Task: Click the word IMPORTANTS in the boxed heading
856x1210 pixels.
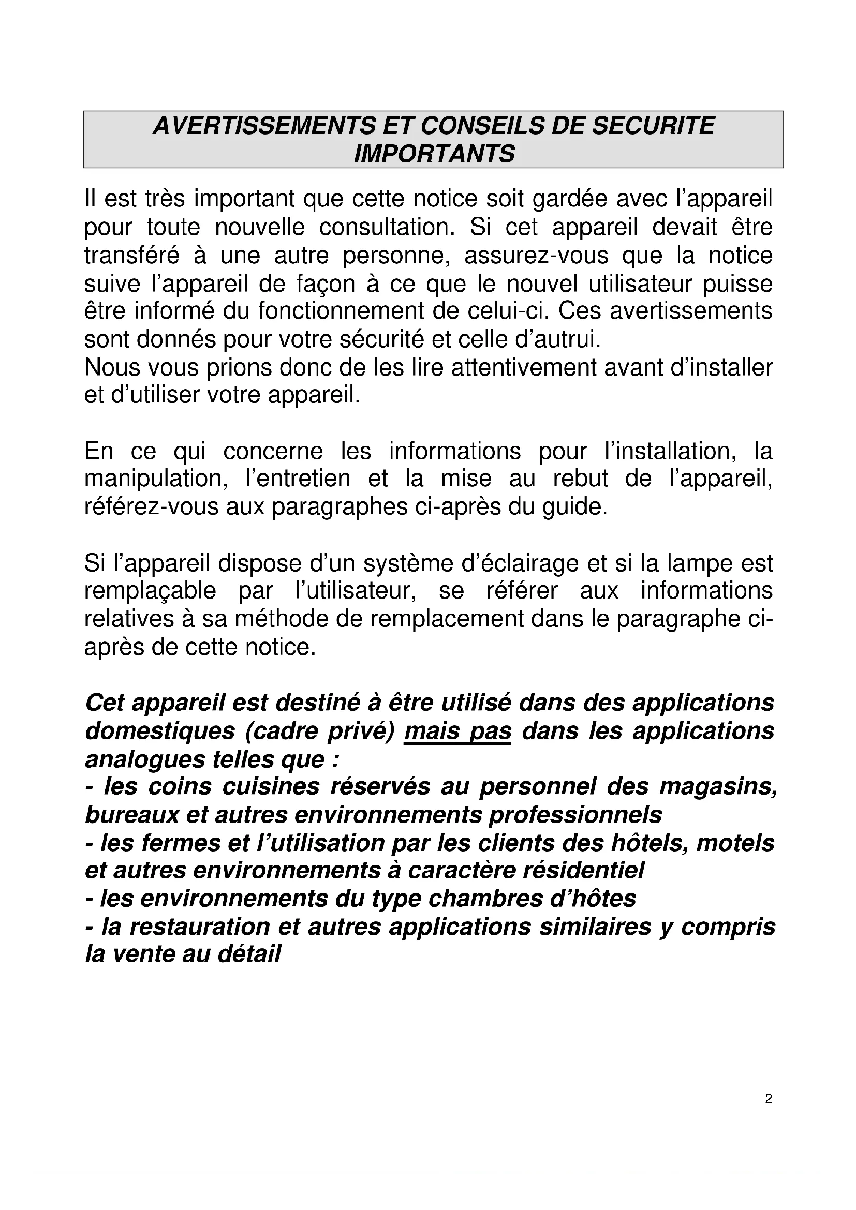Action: click(x=434, y=154)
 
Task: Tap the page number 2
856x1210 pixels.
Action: click(x=769, y=1099)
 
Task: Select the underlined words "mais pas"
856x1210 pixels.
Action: click(x=457, y=731)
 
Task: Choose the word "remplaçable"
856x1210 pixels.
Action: click(x=150, y=591)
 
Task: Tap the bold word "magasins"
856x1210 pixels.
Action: click(x=718, y=787)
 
